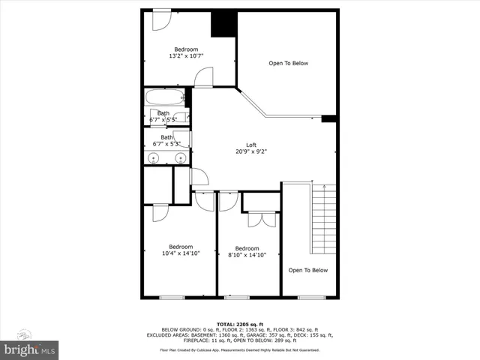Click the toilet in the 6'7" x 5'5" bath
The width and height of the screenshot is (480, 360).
pyautogui.click(x=183, y=117)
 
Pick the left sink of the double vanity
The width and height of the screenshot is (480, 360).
pyautogui.click(x=153, y=157)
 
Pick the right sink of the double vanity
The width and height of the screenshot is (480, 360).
pyautogui.click(x=180, y=157)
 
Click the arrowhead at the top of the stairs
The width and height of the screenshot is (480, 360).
pyautogui.click(x=322, y=186)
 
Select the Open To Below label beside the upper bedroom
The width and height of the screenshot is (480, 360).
pyautogui.click(x=288, y=64)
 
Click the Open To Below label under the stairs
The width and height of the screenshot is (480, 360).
pyautogui.click(x=308, y=270)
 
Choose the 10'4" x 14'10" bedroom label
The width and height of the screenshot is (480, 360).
pyautogui.click(x=180, y=250)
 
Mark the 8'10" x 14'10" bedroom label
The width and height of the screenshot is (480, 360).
pyautogui.click(x=247, y=252)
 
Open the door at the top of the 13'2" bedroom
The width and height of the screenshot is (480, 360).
pyautogui.click(x=161, y=20)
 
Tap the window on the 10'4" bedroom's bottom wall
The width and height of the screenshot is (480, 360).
pyautogui.click(x=172, y=298)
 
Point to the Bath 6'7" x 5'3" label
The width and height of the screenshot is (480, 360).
pyautogui.click(x=166, y=140)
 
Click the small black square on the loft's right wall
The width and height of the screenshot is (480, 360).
pyautogui.click(x=328, y=118)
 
